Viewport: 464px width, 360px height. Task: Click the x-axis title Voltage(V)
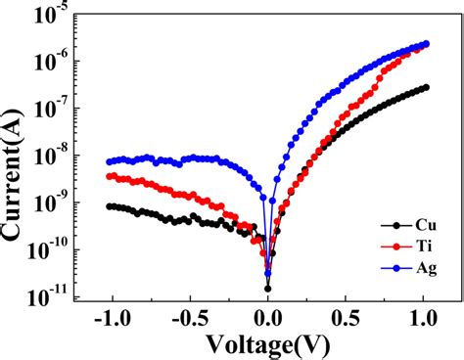click(x=266, y=342)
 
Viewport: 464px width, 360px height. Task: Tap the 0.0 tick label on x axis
click(x=268, y=318)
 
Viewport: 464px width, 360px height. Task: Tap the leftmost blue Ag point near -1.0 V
click(x=110, y=161)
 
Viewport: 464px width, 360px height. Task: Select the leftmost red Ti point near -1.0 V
click(x=110, y=176)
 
